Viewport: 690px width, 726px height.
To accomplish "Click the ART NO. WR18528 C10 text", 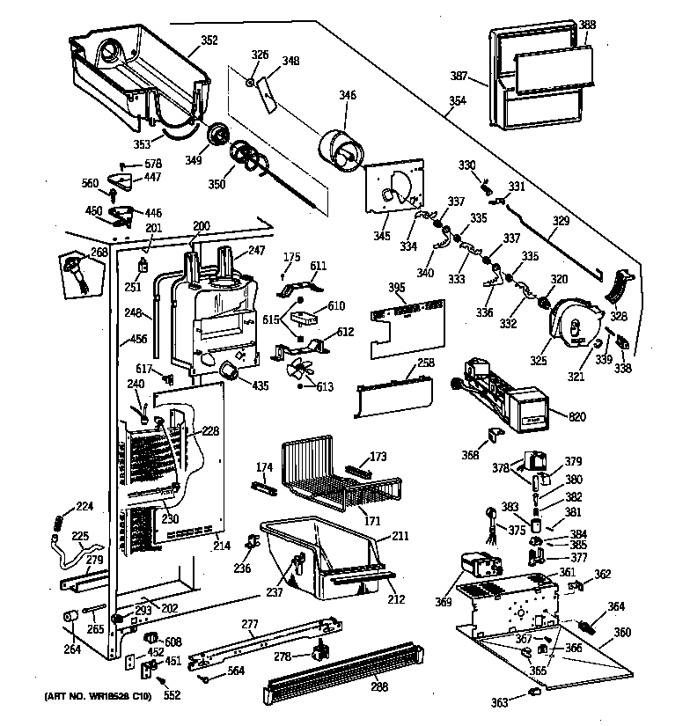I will click(x=96, y=697).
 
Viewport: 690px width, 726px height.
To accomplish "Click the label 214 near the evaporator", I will click(x=221, y=546).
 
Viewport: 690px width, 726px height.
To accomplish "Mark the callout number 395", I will click(x=397, y=289).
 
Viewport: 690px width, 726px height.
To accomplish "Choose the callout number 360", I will click(x=621, y=633).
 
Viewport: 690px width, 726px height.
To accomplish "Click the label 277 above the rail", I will click(x=250, y=624).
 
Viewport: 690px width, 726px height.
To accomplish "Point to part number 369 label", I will click(x=442, y=602).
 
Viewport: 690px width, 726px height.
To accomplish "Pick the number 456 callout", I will click(x=138, y=339).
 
